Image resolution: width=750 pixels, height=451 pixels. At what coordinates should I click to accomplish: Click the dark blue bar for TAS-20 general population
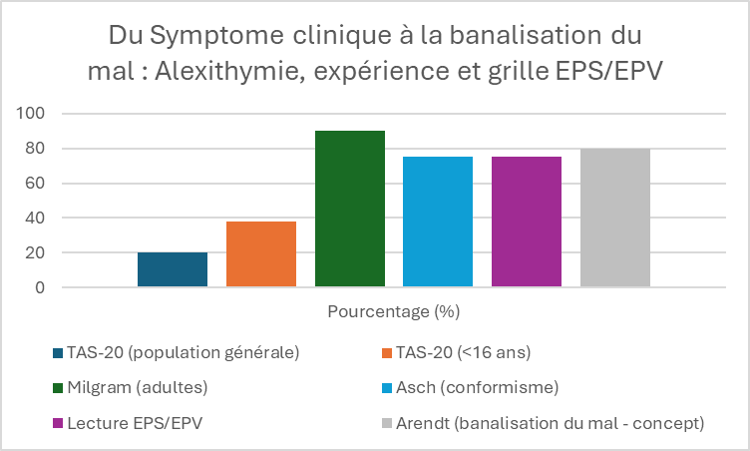pyautogui.click(x=173, y=269)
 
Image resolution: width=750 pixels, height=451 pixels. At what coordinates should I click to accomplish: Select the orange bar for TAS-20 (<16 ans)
pyautogui.click(x=261, y=254)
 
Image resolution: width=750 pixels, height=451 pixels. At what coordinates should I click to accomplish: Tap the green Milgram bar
pyautogui.click(x=349, y=209)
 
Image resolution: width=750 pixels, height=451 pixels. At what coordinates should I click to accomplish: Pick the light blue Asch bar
pyautogui.click(x=438, y=222)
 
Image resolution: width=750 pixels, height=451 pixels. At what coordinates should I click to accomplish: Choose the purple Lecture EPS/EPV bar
pyautogui.click(x=527, y=222)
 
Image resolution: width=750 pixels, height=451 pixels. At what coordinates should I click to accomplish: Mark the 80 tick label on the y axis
pyautogui.click(x=34, y=149)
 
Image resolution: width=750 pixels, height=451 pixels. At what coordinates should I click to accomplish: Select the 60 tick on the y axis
pyautogui.click(x=34, y=184)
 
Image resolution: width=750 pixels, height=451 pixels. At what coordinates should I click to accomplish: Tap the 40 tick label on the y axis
pyautogui.click(x=34, y=219)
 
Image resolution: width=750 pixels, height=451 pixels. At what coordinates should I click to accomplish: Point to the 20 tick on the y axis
pyautogui.click(x=34, y=253)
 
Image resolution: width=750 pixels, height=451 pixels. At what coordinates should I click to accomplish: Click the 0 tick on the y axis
pyautogui.click(x=39, y=287)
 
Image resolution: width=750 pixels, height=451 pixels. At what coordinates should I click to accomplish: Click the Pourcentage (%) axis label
pyautogui.click(x=393, y=311)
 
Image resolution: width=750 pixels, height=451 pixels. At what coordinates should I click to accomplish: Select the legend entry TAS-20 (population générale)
pyautogui.click(x=183, y=352)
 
